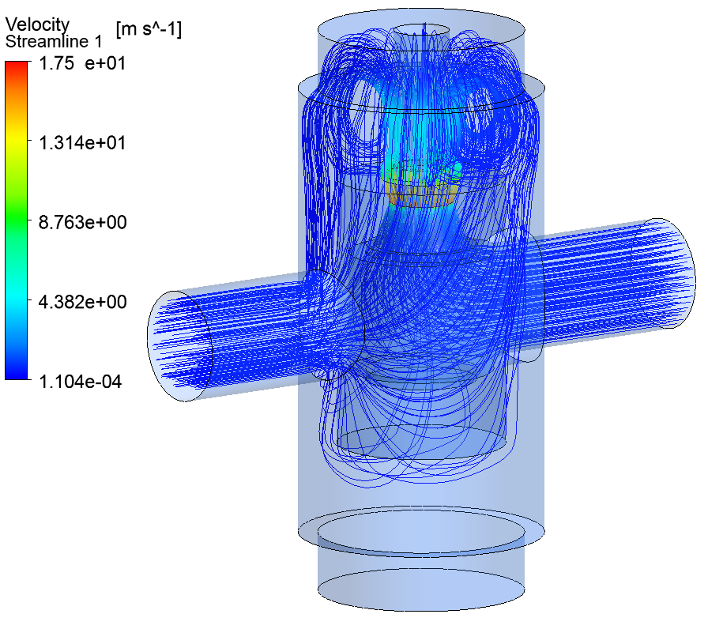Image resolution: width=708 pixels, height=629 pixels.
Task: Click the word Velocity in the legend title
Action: tap(37, 25)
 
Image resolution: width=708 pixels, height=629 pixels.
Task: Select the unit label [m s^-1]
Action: tap(149, 29)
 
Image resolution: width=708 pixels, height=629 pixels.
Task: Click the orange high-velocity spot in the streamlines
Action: tap(419, 194)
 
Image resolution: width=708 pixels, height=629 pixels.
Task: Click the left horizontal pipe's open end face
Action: tap(180, 346)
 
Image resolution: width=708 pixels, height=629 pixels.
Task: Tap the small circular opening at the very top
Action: tap(420, 30)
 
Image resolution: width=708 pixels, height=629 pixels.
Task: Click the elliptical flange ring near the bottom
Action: tap(420, 527)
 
